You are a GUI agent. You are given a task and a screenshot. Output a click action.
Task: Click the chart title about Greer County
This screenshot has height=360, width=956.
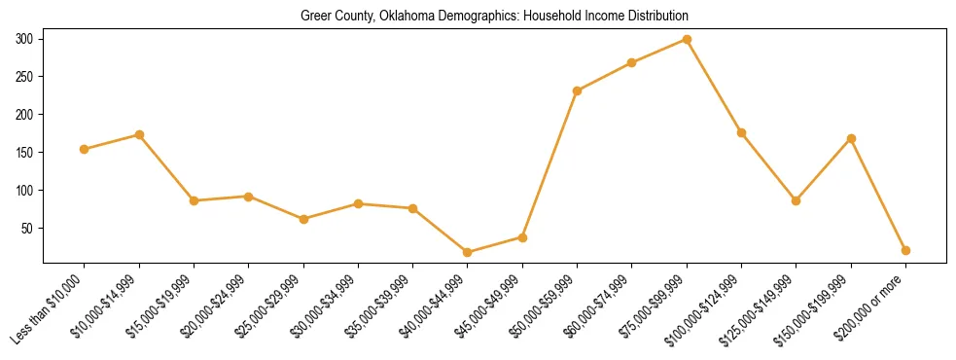pos(494,16)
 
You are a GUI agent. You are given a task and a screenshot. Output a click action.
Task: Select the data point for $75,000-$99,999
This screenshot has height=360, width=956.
pos(687,40)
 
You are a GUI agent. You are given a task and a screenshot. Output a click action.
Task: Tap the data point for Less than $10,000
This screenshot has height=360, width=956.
pos(85,149)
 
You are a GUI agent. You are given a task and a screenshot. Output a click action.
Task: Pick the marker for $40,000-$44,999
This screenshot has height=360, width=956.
pos(468,252)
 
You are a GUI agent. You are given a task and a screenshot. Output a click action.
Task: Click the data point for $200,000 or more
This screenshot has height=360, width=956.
pos(905,250)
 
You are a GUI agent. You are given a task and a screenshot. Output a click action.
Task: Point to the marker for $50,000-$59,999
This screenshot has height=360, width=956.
pos(578,90)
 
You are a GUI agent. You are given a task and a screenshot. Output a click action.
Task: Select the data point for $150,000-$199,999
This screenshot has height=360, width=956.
pos(851,138)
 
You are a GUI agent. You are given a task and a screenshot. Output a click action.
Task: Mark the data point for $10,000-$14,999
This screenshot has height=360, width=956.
pos(139,134)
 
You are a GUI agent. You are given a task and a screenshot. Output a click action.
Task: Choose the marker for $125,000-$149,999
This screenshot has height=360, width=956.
pos(797,200)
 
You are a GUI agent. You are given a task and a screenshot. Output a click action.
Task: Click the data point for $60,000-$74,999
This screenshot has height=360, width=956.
pos(632,62)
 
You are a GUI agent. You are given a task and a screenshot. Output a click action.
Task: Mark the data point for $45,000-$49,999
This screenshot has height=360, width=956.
pos(522,237)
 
